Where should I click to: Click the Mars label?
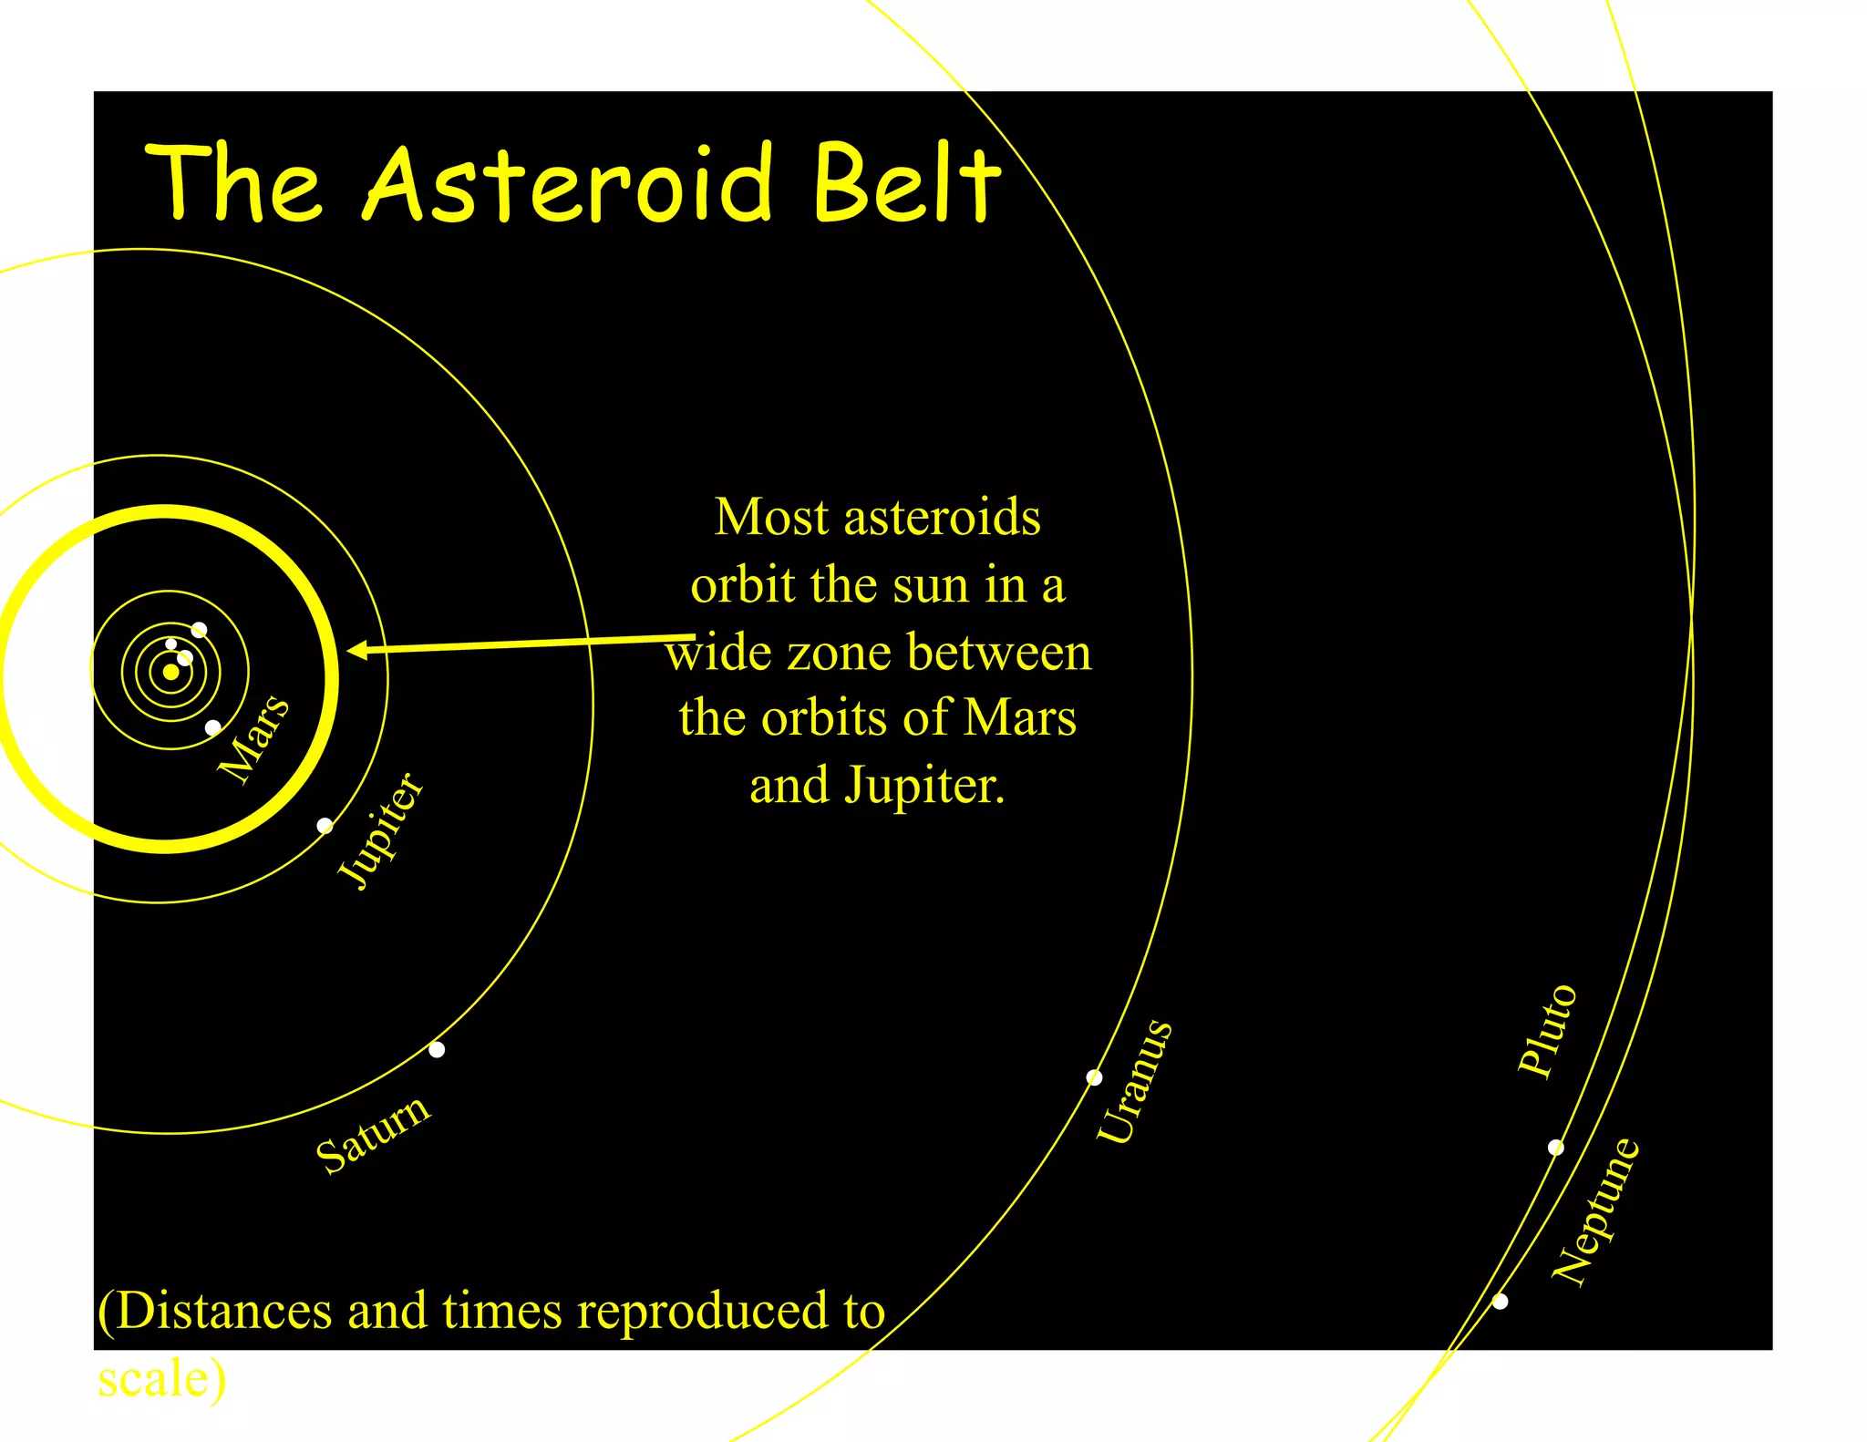254,738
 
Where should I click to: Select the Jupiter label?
380,829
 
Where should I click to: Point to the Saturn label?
373,1134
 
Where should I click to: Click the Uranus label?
1134,1081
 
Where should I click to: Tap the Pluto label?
1546,1030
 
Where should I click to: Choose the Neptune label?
1595,1211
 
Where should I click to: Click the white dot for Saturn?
437,1049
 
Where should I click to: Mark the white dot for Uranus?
1094,1078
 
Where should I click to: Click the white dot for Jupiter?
325,826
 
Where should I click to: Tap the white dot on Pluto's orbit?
1555,1148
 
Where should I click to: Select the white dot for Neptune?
1500,1302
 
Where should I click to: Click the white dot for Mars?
212,727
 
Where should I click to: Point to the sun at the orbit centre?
170,672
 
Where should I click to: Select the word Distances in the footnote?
223,1311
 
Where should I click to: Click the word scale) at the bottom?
162,1378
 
